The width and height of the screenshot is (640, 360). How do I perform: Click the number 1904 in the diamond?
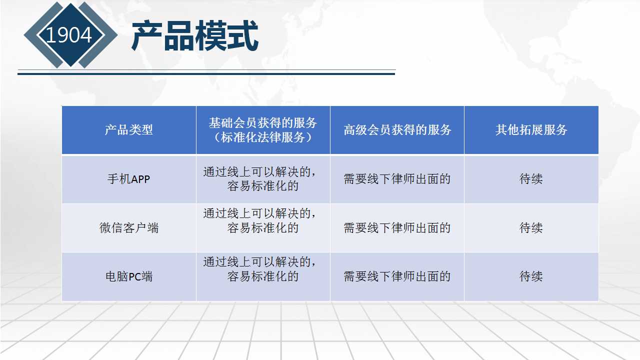69,35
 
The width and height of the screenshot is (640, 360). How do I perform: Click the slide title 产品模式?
195,35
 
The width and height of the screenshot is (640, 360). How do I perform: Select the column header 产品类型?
129,129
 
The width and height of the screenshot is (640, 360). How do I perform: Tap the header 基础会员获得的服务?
263,123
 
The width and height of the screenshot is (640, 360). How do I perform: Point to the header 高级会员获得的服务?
397,129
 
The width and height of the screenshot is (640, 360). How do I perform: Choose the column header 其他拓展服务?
531,129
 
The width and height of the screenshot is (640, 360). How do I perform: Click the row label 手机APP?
129,179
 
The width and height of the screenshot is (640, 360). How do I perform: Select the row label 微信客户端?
129,228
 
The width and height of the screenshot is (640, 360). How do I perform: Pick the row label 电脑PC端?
129,276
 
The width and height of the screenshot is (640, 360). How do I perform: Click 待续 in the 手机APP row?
531,179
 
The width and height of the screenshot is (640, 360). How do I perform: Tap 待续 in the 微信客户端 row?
531,227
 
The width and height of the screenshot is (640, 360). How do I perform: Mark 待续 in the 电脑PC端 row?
531,276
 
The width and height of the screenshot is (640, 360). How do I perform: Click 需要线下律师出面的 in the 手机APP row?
397,179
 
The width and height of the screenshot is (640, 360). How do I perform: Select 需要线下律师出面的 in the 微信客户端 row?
397,227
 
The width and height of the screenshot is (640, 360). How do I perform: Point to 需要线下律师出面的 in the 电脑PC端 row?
397,276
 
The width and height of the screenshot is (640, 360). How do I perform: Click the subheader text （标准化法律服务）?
263,137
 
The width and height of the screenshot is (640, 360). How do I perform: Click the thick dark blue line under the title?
206,74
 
